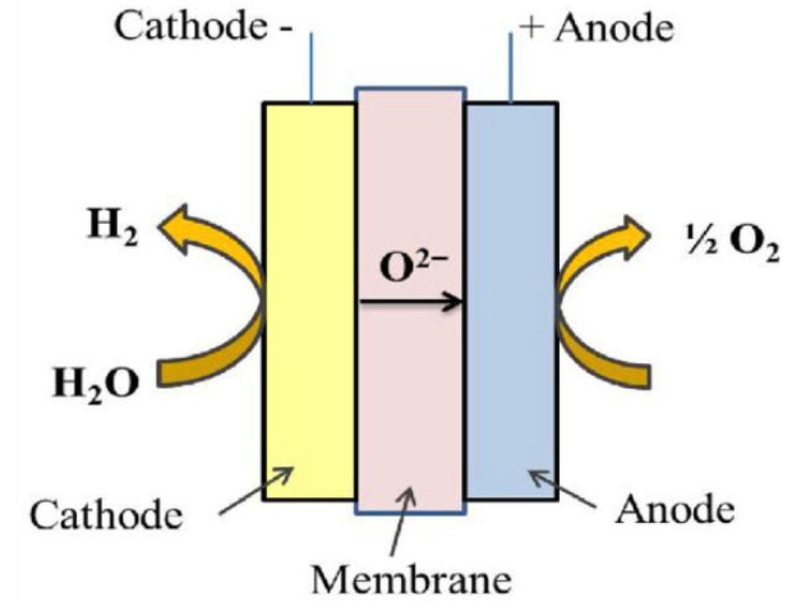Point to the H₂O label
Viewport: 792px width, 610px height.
(96, 383)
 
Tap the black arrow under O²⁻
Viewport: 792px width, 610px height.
(411, 302)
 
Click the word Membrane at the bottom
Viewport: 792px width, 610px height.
(411, 579)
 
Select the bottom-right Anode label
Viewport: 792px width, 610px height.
(675, 509)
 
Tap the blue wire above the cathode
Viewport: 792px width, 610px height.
(311, 66)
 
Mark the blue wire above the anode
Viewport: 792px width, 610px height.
(510, 66)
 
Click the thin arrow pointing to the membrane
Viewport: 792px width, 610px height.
(403, 520)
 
